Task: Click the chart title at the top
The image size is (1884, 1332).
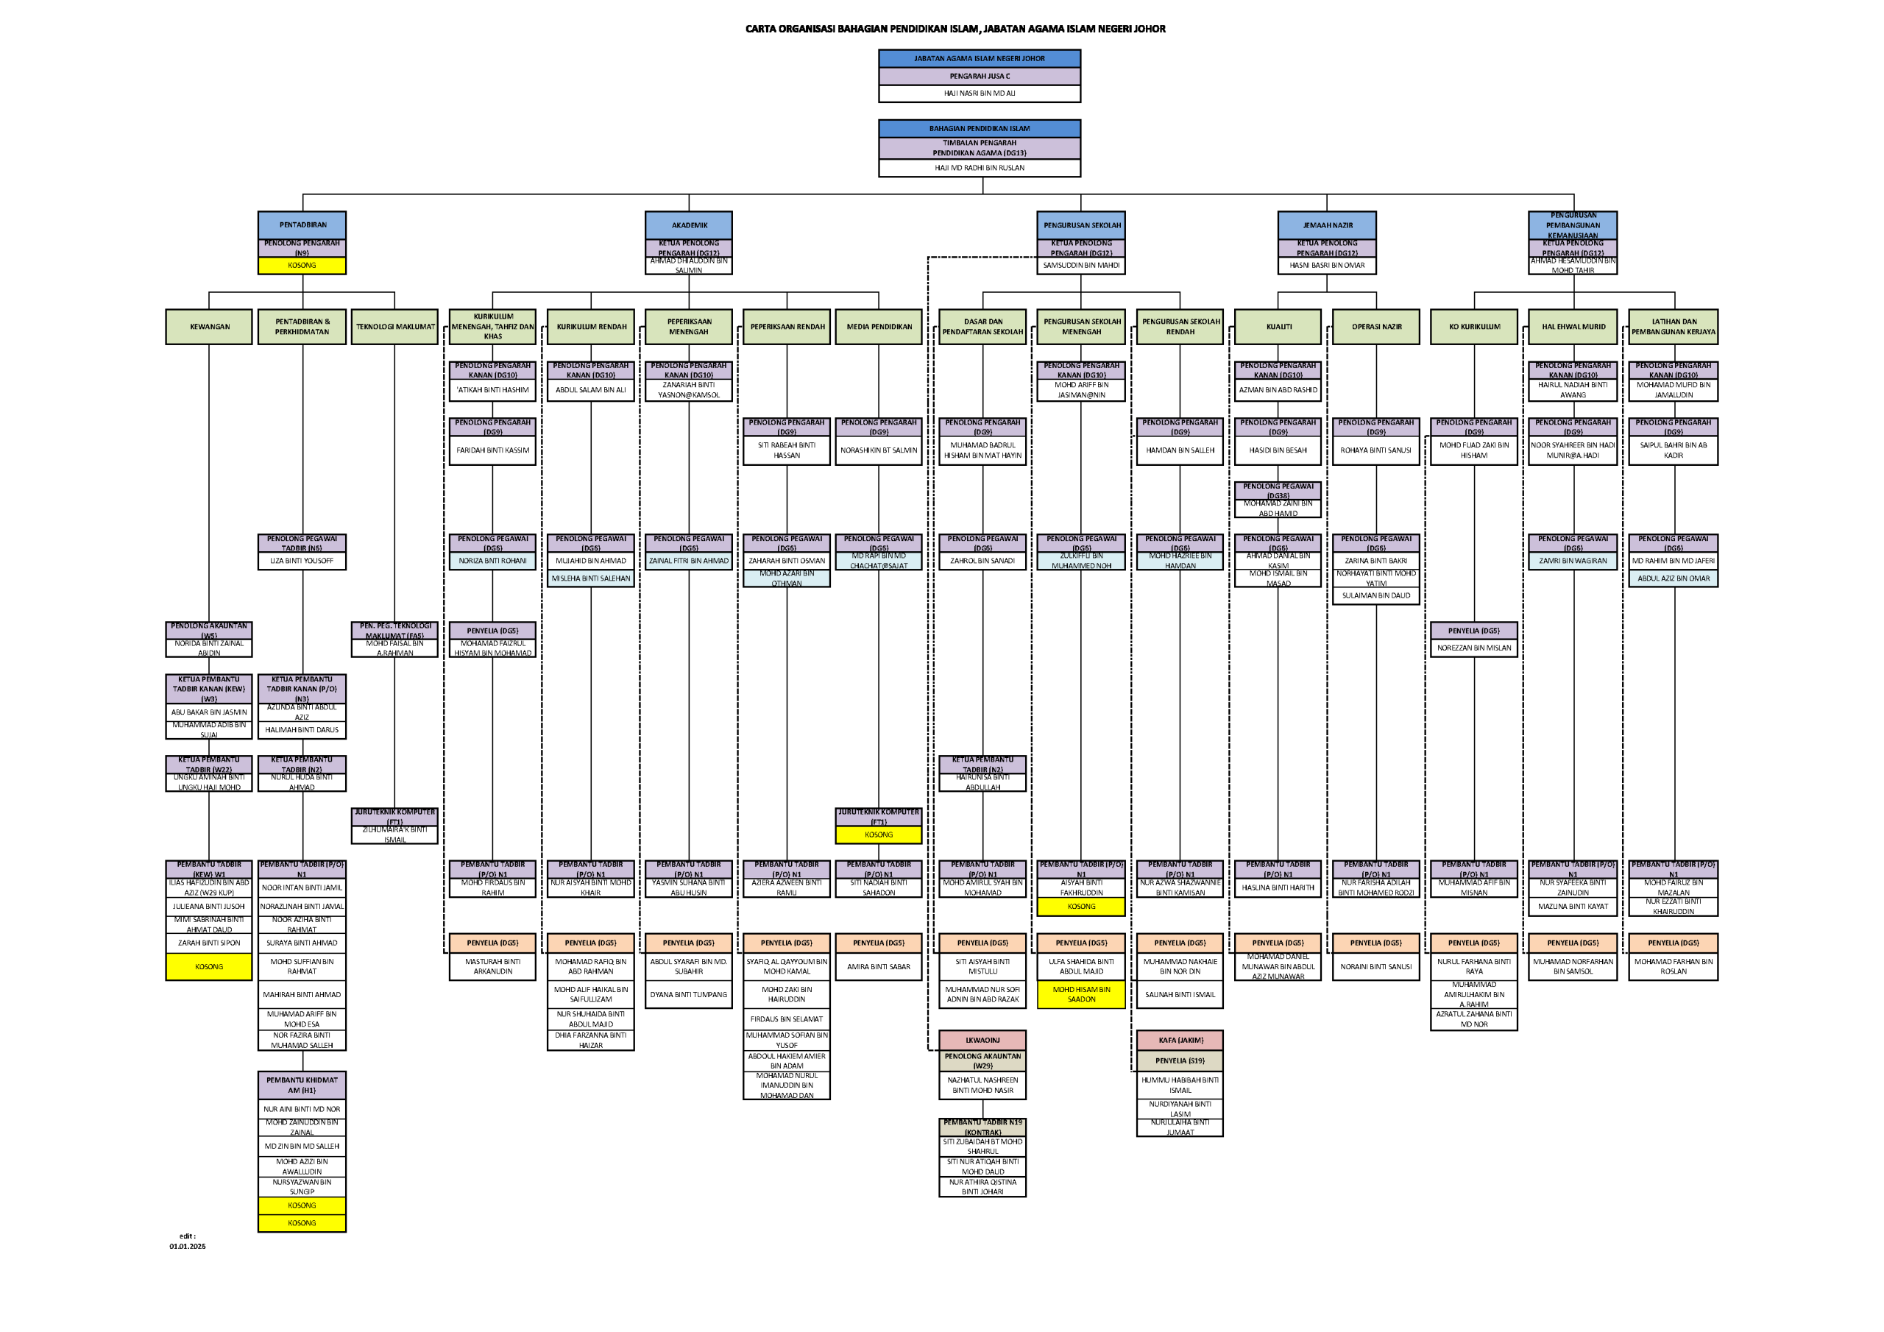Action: click(955, 29)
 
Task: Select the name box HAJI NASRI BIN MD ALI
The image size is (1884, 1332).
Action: click(979, 93)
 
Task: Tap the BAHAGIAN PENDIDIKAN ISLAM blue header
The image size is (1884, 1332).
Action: click(979, 129)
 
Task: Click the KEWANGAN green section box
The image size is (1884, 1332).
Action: click(209, 327)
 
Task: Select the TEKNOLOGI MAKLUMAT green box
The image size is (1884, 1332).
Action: click(394, 327)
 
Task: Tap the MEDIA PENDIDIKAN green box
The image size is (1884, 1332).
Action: click(879, 327)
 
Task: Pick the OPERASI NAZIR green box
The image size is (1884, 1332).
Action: click(1376, 327)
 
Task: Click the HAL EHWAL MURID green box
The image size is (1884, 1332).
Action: click(1573, 327)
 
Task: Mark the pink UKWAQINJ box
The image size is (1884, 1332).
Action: click(982, 1040)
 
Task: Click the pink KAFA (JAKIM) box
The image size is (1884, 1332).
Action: click(1180, 1040)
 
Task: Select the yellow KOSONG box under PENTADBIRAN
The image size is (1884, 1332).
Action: click(302, 266)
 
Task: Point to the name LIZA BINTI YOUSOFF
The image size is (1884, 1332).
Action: click(302, 562)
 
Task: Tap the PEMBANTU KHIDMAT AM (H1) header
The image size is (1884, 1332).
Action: click(302, 1085)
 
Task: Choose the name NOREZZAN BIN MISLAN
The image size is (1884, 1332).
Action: click(1474, 648)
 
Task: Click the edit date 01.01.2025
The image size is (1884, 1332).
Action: click(188, 1246)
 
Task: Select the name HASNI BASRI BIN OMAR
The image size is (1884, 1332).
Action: click(1327, 266)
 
